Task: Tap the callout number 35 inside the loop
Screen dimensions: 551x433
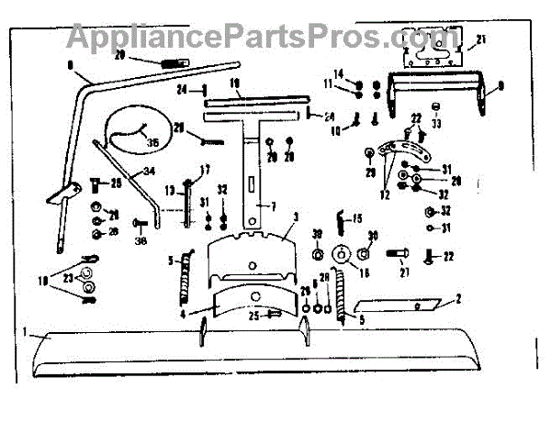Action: tap(152, 142)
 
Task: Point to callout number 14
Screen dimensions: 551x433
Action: tap(338, 74)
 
